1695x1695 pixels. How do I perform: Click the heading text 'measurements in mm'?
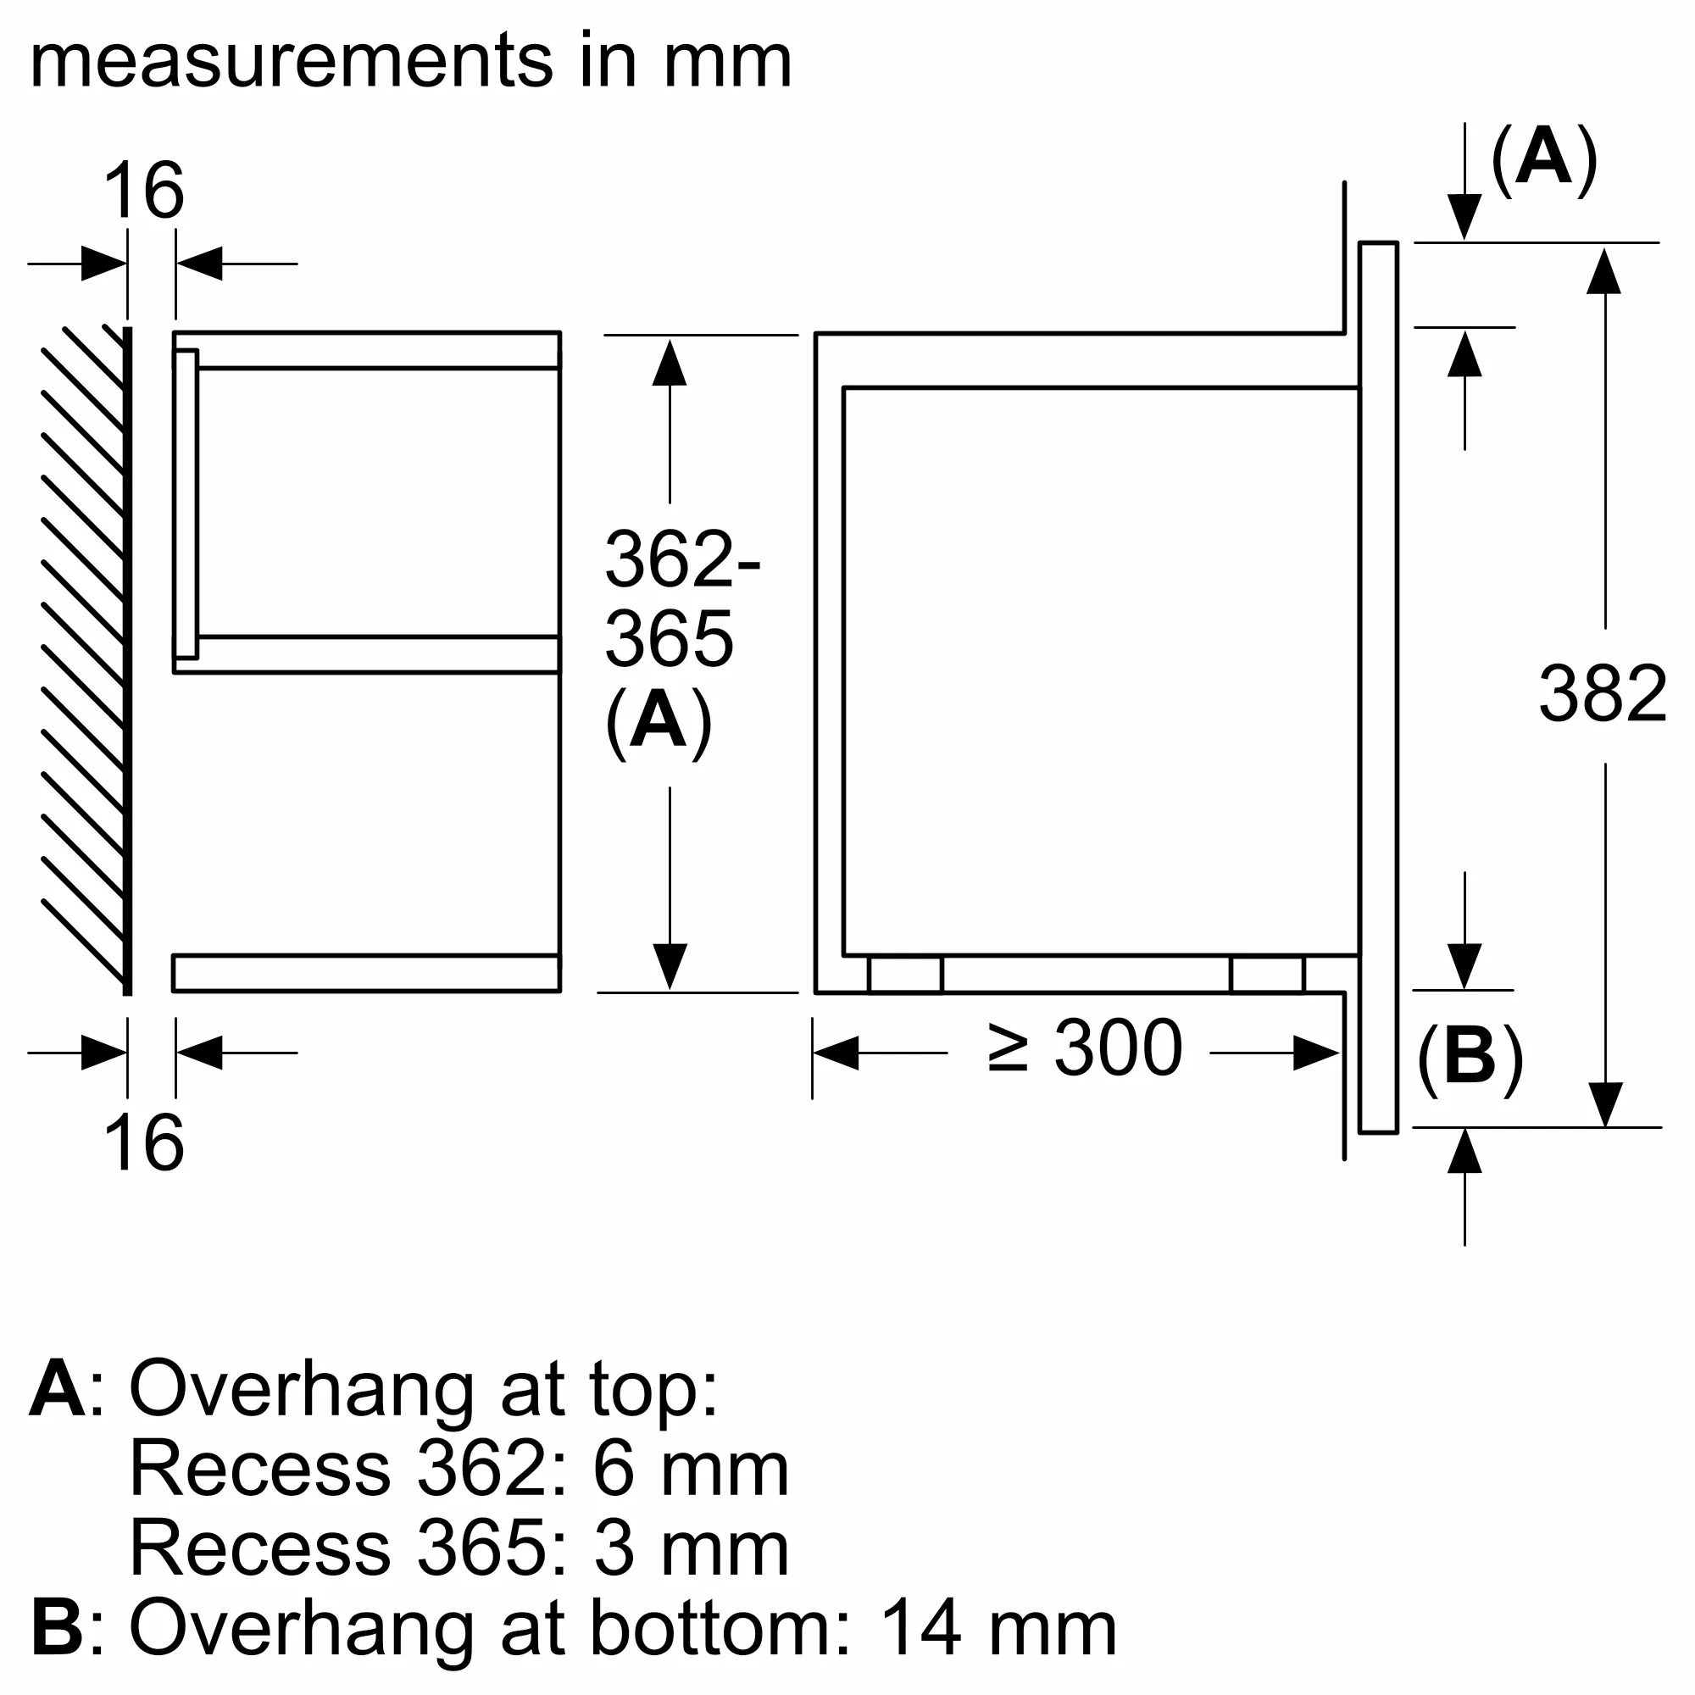click(x=410, y=61)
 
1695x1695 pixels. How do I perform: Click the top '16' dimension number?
click(x=143, y=192)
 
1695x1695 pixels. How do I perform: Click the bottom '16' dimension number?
click(x=143, y=1143)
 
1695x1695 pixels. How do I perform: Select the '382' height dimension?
click(x=1602, y=695)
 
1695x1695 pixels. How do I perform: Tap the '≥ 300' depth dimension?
click(x=1086, y=1048)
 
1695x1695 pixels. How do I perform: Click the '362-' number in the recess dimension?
click(x=681, y=559)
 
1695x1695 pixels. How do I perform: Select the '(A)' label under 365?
click(x=658, y=722)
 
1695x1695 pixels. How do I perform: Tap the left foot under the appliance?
click(x=905, y=975)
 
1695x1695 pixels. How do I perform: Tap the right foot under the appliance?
click(x=1267, y=975)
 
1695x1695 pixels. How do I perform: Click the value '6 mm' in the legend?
click(x=691, y=1470)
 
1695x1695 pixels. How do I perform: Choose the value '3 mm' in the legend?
click(x=691, y=1549)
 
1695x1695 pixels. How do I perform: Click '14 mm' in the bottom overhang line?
click(x=998, y=1628)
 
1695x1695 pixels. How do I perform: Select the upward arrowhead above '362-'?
click(x=670, y=363)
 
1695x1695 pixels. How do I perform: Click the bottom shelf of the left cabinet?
click(x=366, y=973)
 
